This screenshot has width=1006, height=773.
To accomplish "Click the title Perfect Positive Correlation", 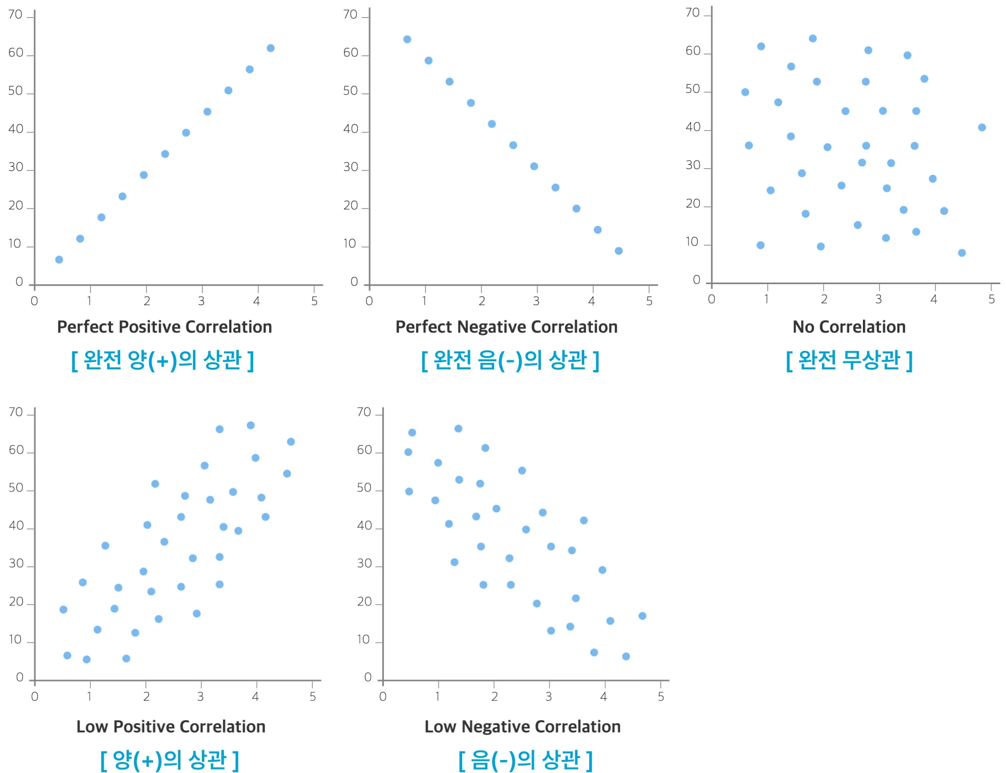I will point(165,327).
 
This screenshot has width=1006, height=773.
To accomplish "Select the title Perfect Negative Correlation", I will point(506,327).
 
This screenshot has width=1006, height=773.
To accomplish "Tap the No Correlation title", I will point(849,327).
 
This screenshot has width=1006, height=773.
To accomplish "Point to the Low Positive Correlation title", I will point(170,727).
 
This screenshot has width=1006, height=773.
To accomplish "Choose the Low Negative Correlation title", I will point(522,727).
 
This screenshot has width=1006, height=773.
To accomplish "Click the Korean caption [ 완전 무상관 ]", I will point(849,360).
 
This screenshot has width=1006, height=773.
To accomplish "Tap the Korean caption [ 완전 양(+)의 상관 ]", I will point(163,360).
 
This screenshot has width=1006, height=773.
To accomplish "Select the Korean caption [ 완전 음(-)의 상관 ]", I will point(510,360).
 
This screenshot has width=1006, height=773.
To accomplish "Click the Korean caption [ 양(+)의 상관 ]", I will point(169,760).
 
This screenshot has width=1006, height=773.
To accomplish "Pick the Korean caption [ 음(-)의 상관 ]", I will point(525,760).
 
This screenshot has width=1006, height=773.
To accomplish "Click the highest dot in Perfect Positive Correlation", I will point(271,48).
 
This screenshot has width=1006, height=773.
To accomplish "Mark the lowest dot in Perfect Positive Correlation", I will point(59,260).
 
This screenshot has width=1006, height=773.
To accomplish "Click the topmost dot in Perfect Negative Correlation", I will point(407,39).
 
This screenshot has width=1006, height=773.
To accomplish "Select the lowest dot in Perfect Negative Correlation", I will point(619,251).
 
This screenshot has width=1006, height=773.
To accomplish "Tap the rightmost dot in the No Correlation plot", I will point(982,128).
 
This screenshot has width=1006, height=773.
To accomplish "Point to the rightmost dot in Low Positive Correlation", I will point(291,442).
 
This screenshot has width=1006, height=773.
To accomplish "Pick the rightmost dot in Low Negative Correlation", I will point(643,616).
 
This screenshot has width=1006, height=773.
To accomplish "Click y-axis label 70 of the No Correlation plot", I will point(693,12).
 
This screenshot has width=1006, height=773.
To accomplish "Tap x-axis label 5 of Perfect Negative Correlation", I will point(649,301).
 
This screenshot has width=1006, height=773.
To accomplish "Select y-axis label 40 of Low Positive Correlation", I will point(16,526).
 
